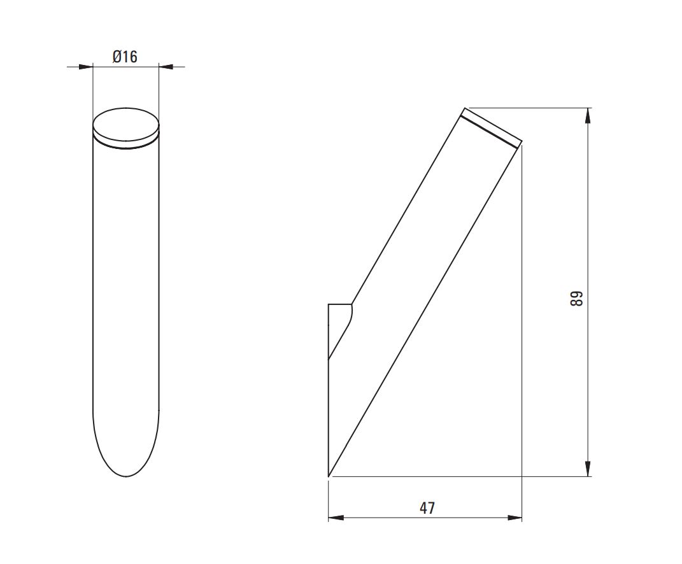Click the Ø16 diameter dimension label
pos(125,57)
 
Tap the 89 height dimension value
pos(576,299)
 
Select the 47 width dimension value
pos(427,508)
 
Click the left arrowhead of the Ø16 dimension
pos(86,67)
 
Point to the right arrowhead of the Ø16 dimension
pos(166,67)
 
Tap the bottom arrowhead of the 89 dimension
pos(588,469)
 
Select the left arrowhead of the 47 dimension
pos(336,518)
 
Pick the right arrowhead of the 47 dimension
pos(515,518)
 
